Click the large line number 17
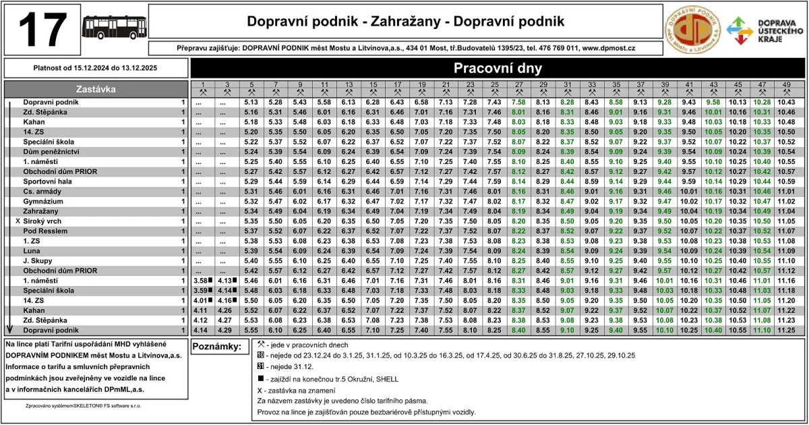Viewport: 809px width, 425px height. pos(42,30)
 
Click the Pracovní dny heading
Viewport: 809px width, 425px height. pos(498,68)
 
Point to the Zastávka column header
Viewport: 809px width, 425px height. pos(96,88)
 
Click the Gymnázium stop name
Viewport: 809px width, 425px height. pos(43,201)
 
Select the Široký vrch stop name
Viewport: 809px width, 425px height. pos(44,221)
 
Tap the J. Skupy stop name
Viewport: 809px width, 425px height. pos(37,260)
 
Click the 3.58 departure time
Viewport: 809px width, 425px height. pos(200,281)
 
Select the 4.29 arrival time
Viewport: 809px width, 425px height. pos(225,331)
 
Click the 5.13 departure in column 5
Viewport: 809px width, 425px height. pos(251,102)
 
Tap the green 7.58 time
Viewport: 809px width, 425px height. pos(518,102)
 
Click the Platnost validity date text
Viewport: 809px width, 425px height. pos(95,67)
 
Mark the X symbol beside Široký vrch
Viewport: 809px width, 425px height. pos(18,221)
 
